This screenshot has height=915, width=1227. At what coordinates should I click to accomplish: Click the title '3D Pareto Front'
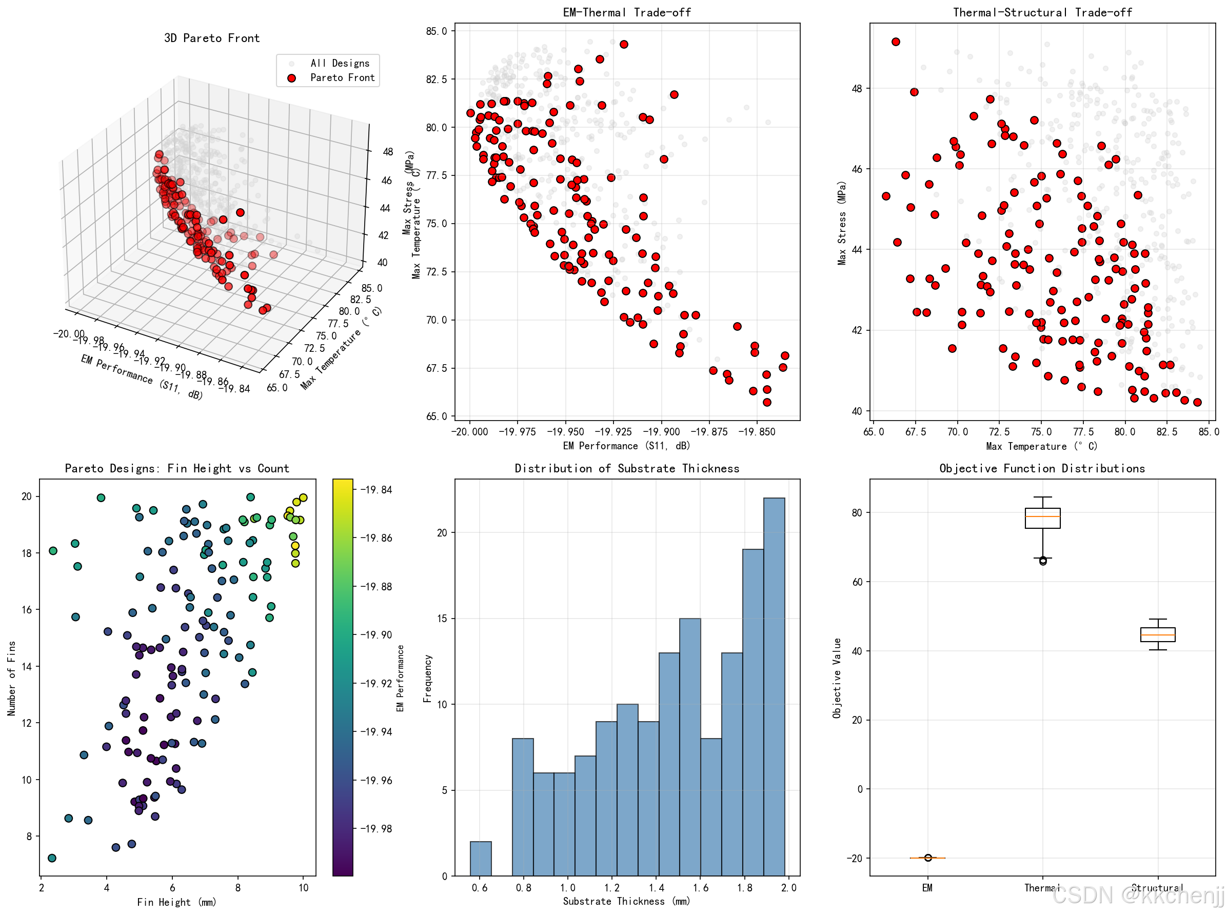[x=212, y=38]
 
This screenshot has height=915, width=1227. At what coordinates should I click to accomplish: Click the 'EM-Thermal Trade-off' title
[x=626, y=12]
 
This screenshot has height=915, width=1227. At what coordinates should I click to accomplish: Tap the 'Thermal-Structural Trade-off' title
[x=1042, y=12]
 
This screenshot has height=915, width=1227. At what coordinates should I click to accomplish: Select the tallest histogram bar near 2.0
[x=774, y=687]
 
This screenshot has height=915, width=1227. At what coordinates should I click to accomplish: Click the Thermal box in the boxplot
[x=1042, y=518]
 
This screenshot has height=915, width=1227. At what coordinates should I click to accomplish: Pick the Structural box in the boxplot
[x=1157, y=634]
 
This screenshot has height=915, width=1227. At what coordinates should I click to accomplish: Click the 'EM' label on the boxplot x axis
[x=927, y=888]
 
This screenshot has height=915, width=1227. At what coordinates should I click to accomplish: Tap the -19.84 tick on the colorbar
[x=376, y=490]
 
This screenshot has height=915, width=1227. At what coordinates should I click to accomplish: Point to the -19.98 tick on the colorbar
[x=376, y=829]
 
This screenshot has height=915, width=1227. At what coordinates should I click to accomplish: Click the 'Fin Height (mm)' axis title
[x=176, y=902]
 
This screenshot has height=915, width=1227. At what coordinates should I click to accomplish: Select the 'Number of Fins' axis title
[x=12, y=678]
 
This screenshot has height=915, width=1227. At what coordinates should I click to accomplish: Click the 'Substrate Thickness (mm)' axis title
[x=626, y=901]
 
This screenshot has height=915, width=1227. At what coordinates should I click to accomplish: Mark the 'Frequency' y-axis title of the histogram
[x=427, y=678]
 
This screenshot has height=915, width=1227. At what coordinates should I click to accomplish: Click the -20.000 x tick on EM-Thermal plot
[x=470, y=432]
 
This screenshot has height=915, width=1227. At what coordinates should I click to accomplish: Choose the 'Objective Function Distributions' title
[x=1042, y=469]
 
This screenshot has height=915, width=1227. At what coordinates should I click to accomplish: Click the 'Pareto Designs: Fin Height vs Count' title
[x=176, y=469]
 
